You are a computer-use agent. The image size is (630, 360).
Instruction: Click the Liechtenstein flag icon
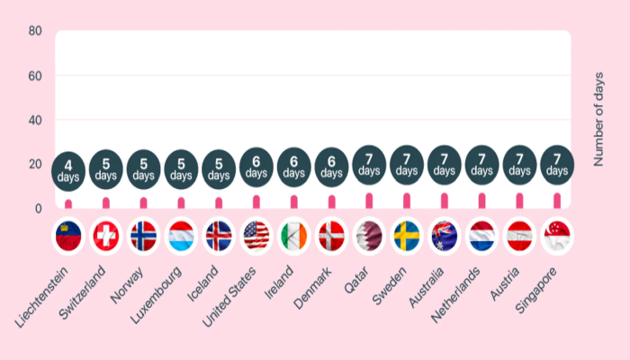(68, 236)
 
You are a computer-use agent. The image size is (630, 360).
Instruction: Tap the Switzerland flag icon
(106, 236)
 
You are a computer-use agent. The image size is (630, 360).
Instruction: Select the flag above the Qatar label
(369, 236)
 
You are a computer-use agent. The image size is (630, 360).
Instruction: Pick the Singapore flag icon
(557, 236)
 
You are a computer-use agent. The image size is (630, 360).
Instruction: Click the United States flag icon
(256, 236)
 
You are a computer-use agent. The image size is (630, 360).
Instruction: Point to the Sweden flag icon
(407, 236)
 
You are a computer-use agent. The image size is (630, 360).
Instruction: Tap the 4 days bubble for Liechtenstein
(68, 171)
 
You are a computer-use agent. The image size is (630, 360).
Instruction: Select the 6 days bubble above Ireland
(294, 166)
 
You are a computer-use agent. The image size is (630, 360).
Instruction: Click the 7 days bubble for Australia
(445, 164)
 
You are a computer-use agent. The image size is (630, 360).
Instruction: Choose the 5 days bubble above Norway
(144, 168)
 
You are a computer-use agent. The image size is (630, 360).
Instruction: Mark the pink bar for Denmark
(332, 202)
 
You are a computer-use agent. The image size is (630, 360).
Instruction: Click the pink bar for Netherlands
(481, 200)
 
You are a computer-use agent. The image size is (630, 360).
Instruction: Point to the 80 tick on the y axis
(35, 31)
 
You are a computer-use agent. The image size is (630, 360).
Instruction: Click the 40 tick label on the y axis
(35, 120)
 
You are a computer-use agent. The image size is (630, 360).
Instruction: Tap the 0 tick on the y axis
(39, 209)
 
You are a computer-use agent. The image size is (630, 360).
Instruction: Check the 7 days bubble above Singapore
(557, 164)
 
